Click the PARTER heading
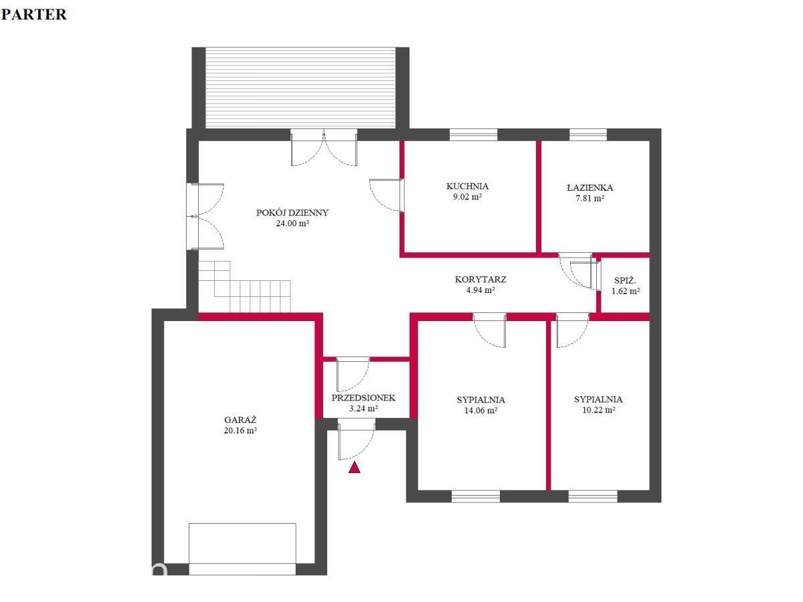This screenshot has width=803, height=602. [x=34, y=14]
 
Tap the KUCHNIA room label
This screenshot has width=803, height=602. [x=467, y=186]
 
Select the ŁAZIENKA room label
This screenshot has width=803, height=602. [x=590, y=187]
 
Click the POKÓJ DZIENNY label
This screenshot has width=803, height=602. [x=292, y=212]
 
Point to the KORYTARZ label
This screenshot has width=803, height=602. [x=480, y=280]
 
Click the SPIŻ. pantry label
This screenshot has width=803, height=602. [x=625, y=281]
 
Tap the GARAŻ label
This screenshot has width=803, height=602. [x=240, y=419]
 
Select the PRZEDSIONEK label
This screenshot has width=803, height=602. [x=363, y=398]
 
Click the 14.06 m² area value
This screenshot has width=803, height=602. [x=480, y=411]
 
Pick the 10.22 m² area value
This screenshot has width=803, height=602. [x=598, y=410]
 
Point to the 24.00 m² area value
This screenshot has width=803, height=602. [x=292, y=223]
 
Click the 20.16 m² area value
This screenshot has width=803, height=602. [x=240, y=430]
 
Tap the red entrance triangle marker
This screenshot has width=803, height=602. [x=354, y=468]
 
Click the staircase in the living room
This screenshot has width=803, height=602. [x=244, y=287]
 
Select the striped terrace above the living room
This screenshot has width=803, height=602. [x=300, y=88]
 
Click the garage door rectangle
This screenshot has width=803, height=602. [x=242, y=549]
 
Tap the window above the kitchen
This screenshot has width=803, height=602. [x=473, y=135]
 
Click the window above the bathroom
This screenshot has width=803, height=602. [x=588, y=135]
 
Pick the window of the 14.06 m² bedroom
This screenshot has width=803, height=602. [x=476, y=496]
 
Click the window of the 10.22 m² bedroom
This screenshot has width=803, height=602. [x=593, y=496]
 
